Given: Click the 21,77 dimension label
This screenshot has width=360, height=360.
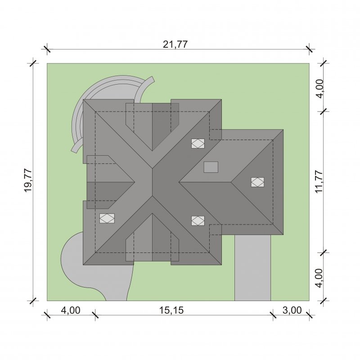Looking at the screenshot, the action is tap(175, 44).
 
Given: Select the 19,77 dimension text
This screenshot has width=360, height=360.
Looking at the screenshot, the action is tap(28, 181).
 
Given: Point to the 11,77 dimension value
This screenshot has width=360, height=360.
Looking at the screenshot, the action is tap(319, 182).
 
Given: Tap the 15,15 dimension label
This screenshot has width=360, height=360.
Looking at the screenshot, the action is tap(171, 310).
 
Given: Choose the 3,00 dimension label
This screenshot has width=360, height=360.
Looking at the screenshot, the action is tap(292, 310).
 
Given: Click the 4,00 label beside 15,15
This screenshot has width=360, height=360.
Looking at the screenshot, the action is tap(71, 310).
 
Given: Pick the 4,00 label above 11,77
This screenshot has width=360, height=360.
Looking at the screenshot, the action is tap(319, 89).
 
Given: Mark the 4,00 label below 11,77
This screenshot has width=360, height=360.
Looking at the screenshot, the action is tap(319, 278).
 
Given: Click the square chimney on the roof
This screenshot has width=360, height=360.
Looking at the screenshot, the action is tap(211, 167).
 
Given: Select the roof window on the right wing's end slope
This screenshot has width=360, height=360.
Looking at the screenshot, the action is tap(257, 182).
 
